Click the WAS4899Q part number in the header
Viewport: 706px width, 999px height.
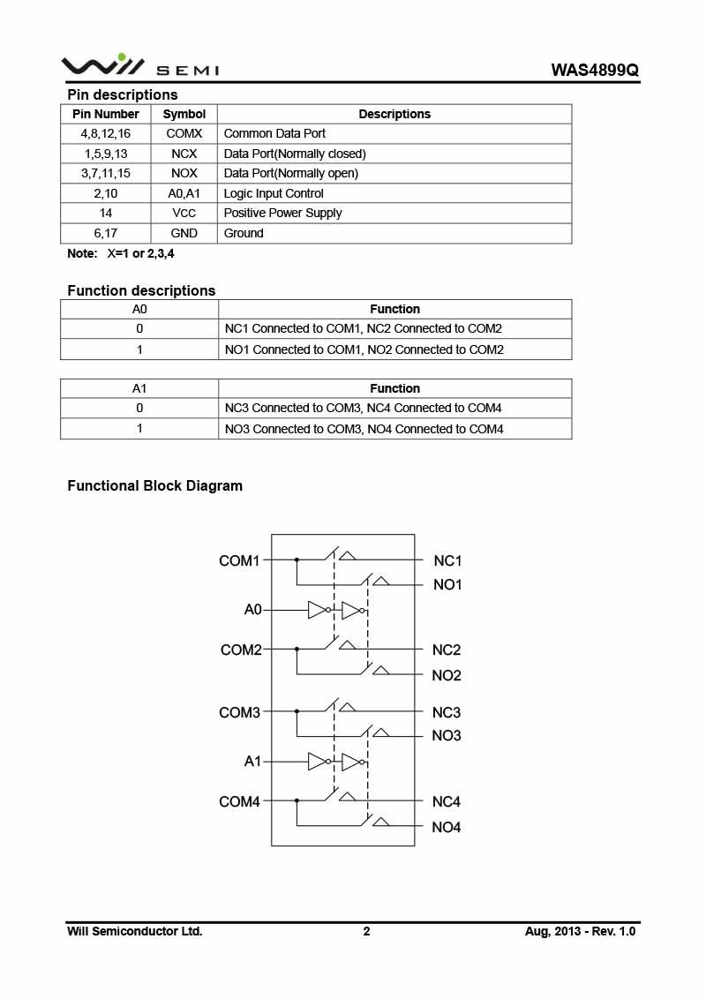click(594, 70)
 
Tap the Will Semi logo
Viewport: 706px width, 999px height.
click(139, 65)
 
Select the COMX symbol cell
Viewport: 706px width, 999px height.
click(184, 133)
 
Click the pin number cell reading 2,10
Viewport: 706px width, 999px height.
click(105, 193)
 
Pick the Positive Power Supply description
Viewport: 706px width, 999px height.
click(282, 213)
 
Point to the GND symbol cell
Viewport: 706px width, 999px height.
click(184, 233)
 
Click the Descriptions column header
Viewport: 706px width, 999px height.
click(394, 114)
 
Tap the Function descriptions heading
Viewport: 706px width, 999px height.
click(141, 290)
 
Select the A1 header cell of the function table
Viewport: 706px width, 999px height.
click(139, 388)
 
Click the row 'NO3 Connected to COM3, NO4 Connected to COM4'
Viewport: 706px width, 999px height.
click(364, 429)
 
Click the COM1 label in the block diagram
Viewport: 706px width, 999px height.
click(239, 560)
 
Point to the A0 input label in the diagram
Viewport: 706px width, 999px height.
click(252, 610)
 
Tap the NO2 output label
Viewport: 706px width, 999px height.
click(447, 676)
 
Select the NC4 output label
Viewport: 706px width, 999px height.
click(447, 802)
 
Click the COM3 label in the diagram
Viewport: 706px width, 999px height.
click(239, 712)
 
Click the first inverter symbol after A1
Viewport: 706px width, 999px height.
click(318, 762)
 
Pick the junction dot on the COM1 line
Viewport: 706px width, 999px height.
click(297, 560)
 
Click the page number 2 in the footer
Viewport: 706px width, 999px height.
click(366, 931)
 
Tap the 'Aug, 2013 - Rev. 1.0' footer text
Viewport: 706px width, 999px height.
click(580, 931)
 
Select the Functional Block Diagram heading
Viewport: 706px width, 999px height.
click(154, 485)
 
